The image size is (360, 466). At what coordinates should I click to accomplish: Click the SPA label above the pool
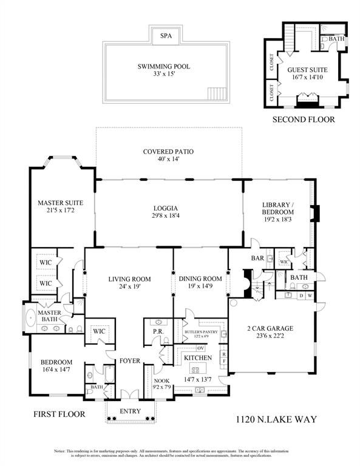click(166, 36)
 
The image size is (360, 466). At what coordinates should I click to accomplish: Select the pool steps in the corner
click(216, 93)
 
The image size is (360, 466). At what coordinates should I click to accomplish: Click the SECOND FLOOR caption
click(303, 120)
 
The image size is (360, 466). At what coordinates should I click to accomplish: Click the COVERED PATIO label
click(168, 151)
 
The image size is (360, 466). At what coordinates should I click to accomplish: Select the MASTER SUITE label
click(60, 203)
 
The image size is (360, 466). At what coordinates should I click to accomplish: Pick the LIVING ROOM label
click(129, 279)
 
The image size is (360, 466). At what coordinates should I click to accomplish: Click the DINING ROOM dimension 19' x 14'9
click(200, 288)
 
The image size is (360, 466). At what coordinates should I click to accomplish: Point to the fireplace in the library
click(313, 214)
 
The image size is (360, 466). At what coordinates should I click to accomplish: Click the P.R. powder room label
click(154, 332)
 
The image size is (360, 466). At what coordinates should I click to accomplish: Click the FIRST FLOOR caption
click(59, 414)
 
